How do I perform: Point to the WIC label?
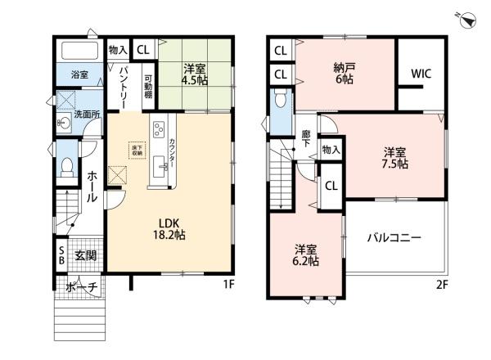(x=421, y=73)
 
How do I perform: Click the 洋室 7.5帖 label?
(x=395, y=157)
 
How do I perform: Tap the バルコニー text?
(x=394, y=237)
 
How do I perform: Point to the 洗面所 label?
(x=88, y=115)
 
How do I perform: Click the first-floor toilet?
(x=68, y=166)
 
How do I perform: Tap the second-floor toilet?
(x=281, y=101)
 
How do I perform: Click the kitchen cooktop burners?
(x=158, y=129)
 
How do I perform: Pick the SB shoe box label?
(x=61, y=255)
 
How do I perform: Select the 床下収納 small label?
(x=135, y=150)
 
